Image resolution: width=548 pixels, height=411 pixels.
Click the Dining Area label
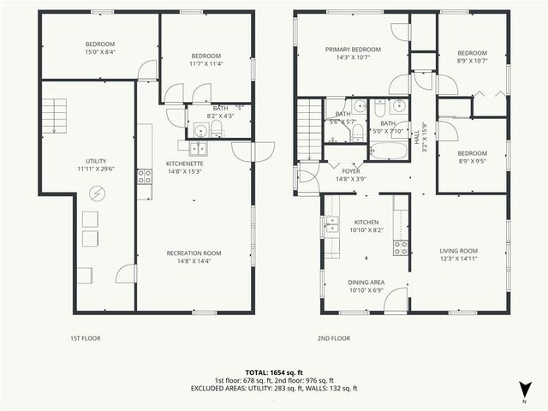pyautogui.click(x=366, y=282)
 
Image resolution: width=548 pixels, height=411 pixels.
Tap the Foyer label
pyautogui.click(x=351, y=170)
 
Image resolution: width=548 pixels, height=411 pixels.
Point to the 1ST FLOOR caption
pyautogui.click(x=85, y=338)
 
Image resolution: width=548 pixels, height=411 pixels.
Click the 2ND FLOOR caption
pyautogui.click(x=333, y=338)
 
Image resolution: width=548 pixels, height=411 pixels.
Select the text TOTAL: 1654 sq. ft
pyautogui.click(x=274, y=372)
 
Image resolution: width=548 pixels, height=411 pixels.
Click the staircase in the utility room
pyautogui.click(x=55, y=114)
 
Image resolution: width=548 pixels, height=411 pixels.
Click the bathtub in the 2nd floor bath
pyautogui.click(x=390, y=152)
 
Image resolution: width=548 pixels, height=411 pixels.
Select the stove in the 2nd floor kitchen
pyautogui.click(x=400, y=247)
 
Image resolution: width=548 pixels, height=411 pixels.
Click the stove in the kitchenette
pyautogui.click(x=145, y=176)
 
